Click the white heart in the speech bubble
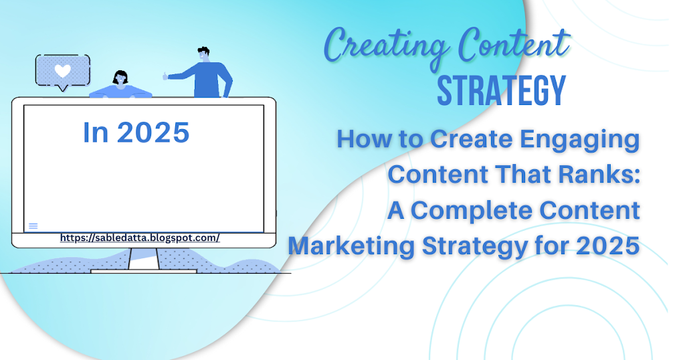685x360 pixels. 62,71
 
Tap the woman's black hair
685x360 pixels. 120,76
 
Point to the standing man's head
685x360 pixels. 203,54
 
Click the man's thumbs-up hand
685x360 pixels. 166,76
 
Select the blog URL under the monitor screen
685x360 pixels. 140,238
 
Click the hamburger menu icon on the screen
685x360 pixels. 33,226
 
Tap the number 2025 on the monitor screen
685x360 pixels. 153,132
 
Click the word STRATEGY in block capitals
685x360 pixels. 502,91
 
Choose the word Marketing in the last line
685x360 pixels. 351,246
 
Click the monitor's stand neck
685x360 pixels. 144,259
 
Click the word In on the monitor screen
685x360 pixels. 96,132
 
